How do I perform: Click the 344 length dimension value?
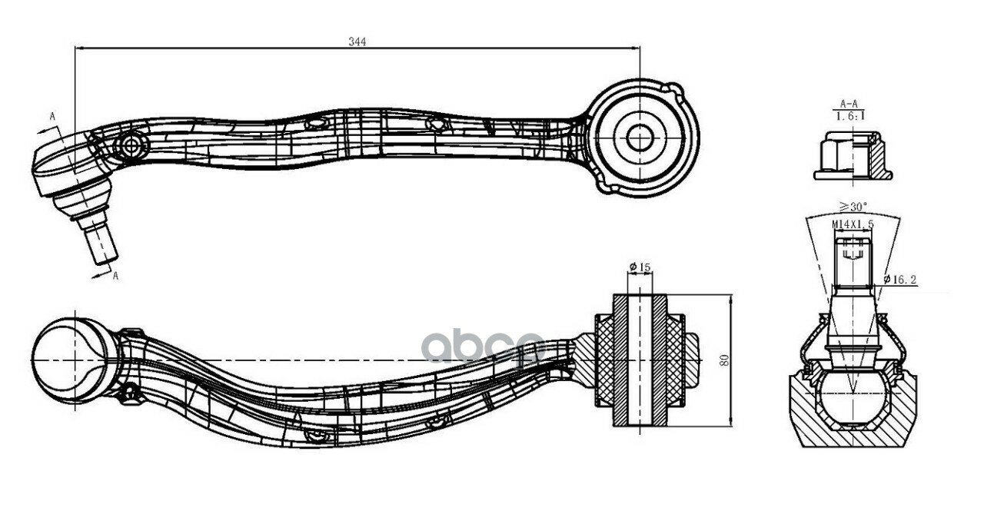coord(357,41)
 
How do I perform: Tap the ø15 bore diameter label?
coord(640,267)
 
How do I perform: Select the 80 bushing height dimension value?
coord(724,360)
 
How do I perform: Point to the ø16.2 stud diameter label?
coord(900,279)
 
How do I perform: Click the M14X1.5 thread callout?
coord(853,224)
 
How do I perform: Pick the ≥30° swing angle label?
coord(853,207)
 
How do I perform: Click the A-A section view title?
coord(849,104)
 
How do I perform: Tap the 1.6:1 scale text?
coord(850,116)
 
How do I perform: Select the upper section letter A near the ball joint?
coord(52,116)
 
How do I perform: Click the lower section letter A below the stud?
coord(115,276)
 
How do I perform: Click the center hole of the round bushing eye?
coord(640,138)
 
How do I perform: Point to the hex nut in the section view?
coord(853,156)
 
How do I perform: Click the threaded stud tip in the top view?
coord(101,243)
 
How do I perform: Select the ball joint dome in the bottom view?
coord(70,360)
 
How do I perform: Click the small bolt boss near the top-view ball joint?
coord(131,146)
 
